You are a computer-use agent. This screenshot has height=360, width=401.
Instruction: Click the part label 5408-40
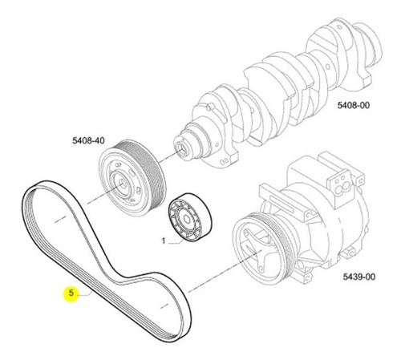pyautogui.click(x=88, y=140)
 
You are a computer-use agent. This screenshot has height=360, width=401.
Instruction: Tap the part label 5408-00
pyautogui.click(x=354, y=105)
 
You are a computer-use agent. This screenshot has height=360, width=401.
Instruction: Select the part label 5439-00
pyautogui.click(x=359, y=277)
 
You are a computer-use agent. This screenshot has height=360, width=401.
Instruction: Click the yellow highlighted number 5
pyautogui.click(x=71, y=293)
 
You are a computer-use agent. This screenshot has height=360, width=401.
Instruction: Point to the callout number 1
pyautogui.click(x=164, y=241)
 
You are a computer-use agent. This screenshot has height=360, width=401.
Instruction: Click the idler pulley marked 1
pyautogui.click(x=190, y=217)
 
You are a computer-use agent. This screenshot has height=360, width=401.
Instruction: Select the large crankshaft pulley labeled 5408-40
pyautogui.click(x=132, y=178)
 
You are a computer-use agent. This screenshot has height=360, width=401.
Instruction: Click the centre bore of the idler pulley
pyautogui.click(x=187, y=219)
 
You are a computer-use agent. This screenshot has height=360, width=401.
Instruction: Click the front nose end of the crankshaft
pyautogui.click(x=181, y=148)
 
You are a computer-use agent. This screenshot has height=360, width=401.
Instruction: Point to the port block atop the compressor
pyautogui.click(x=338, y=184)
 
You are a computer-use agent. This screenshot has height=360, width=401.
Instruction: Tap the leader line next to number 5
pyautogui.click(x=85, y=294)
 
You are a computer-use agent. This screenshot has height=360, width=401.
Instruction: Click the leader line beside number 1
pyautogui.click(x=176, y=242)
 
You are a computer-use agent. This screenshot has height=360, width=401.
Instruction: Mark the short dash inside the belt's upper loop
pyautogui.click(x=60, y=219)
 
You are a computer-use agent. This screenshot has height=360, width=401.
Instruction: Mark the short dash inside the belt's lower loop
pyautogui.click(x=164, y=305)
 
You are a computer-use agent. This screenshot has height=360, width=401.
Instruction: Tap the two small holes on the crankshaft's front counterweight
pyautogui.click(x=225, y=161)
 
